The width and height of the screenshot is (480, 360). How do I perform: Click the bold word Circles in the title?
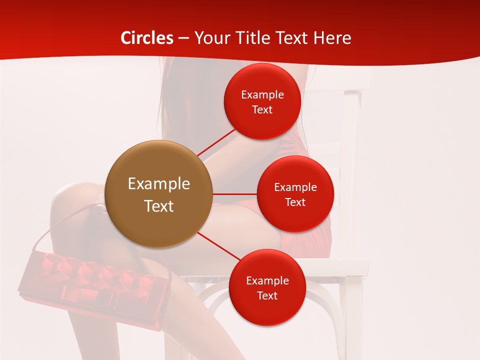pos(147,38)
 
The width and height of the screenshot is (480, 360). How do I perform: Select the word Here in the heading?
pos(333,38)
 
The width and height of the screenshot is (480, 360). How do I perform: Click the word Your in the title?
pos(210,38)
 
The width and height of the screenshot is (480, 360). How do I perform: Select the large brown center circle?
pos(158,194)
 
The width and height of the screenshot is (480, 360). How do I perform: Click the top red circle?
pos(262,101)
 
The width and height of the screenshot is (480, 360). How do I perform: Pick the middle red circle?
pos(295,194)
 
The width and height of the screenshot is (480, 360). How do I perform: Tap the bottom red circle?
pos(267,287)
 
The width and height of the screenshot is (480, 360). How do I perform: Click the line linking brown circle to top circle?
pos(216,142)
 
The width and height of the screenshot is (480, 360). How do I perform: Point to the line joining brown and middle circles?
pos(234,194)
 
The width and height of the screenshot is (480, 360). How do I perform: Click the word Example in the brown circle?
pos(158,184)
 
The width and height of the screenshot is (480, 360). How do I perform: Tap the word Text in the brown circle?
pos(158,206)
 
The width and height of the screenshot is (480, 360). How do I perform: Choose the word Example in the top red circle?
pos(262,94)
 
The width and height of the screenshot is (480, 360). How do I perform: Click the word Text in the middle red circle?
pos(295,202)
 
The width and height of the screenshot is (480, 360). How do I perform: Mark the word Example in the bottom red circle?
pos(267,280)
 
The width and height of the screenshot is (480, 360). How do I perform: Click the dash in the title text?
pos(183,38)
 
